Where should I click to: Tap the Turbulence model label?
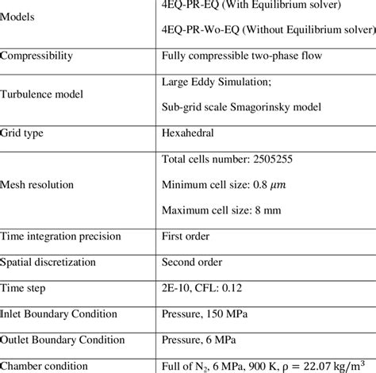click(x=45, y=93)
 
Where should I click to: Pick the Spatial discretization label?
click(x=52, y=261)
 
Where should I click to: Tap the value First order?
click(x=190, y=236)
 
